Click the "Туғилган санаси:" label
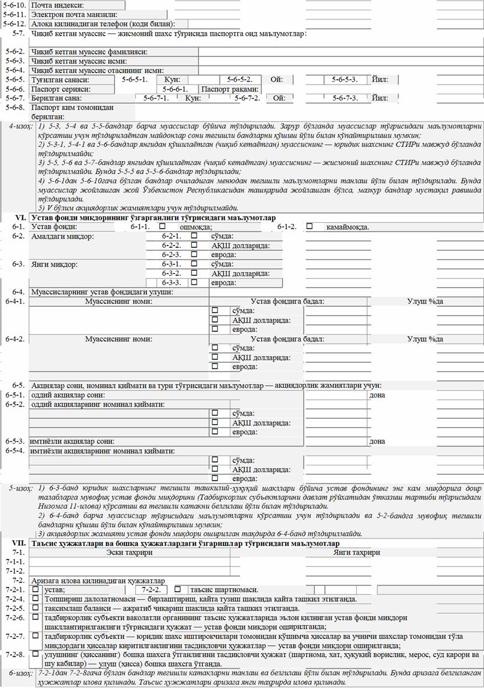57,80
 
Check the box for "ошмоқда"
162,227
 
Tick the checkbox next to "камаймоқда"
309,227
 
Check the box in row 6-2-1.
194,236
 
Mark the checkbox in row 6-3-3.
194,282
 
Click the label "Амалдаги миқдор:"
63,236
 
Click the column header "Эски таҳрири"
130,553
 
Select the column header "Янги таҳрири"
356,553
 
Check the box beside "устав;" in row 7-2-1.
36,589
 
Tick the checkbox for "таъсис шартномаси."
178,589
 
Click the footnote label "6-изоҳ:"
21,674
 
